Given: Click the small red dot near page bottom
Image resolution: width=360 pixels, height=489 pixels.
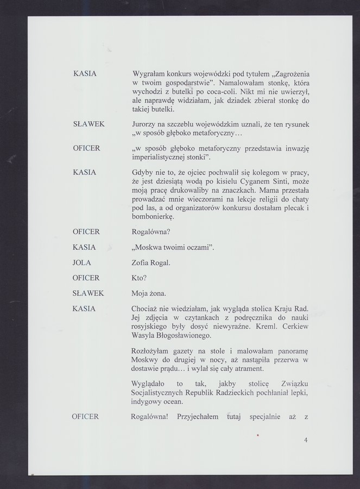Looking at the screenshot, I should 258,435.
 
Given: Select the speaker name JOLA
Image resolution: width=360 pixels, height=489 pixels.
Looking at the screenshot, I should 81,262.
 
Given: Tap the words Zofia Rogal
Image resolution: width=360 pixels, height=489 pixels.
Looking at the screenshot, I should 151,262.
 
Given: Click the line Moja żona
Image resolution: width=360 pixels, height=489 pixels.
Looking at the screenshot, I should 148,293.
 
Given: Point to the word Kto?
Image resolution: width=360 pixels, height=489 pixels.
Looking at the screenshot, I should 139,278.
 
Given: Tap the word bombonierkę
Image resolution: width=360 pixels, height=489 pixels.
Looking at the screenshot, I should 153,216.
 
